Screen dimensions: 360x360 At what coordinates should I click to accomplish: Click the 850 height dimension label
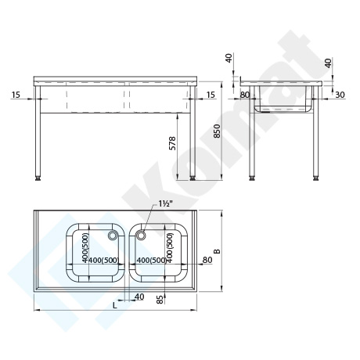point(218,131)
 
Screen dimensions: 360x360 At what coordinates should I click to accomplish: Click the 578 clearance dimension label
point(173,143)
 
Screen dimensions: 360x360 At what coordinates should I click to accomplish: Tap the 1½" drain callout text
point(164,204)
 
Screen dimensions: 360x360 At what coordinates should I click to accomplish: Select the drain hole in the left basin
point(113,235)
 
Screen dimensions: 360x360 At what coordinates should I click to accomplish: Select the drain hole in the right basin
point(141,235)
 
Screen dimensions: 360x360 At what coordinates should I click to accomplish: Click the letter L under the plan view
point(115,305)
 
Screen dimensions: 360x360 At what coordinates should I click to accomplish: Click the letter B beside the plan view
point(217,251)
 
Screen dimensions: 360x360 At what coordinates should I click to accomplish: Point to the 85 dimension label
point(160,299)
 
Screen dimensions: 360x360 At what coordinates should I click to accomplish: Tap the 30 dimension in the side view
point(340,95)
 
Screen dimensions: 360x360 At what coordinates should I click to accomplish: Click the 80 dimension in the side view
point(245,95)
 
